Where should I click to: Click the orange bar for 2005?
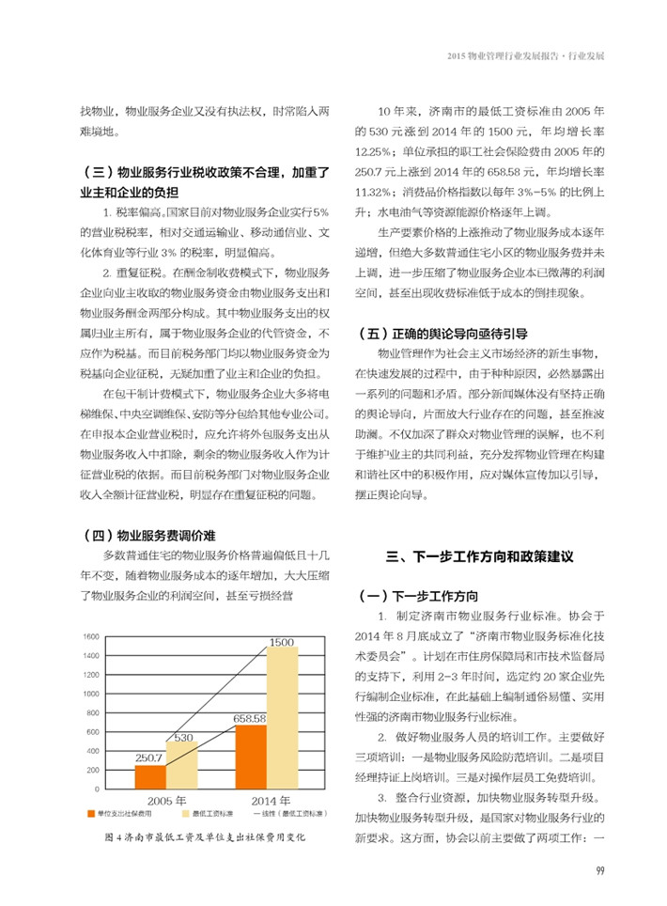(x=150, y=777)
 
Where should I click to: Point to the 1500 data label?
(x=282, y=642)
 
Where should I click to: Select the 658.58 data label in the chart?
(x=250, y=718)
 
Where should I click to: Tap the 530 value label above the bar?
(x=183, y=737)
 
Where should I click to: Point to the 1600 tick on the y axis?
(x=91, y=636)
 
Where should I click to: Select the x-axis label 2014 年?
(x=267, y=799)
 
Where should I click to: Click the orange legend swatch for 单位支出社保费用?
(x=91, y=814)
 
